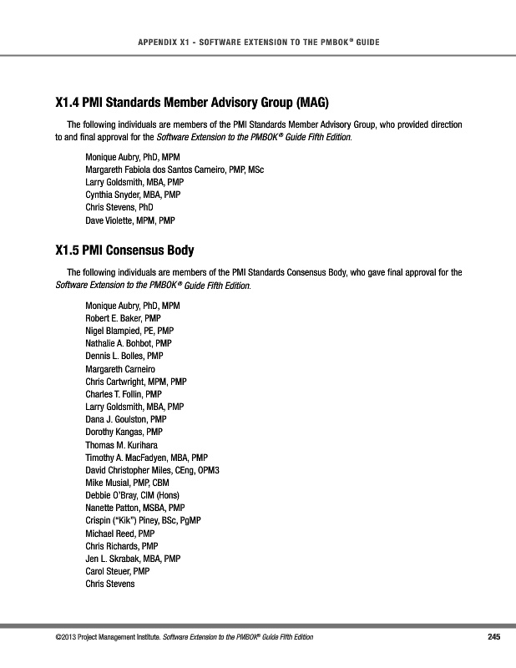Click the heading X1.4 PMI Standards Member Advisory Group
click(x=192, y=104)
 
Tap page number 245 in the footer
click(x=493, y=638)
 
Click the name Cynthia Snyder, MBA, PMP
click(x=133, y=194)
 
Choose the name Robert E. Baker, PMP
click(x=123, y=318)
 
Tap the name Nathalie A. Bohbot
click(x=129, y=343)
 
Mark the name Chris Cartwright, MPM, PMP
click(x=136, y=382)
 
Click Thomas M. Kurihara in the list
click(x=122, y=444)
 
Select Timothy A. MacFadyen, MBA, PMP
click(x=146, y=457)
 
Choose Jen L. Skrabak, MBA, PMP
click(x=134, y=558)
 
